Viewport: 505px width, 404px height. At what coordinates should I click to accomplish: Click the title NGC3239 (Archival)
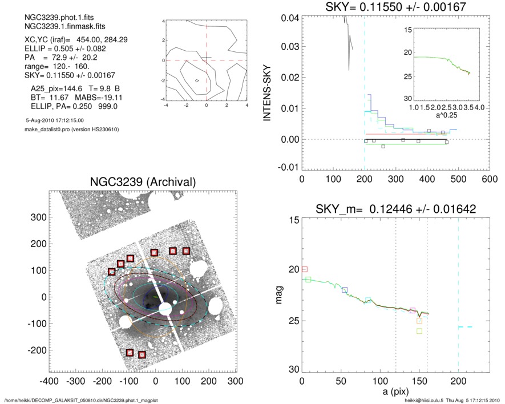click(143, 181)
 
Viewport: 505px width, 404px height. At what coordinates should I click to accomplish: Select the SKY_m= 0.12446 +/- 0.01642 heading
click(395, 209)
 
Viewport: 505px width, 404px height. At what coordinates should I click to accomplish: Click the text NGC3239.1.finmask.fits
click(51, 27)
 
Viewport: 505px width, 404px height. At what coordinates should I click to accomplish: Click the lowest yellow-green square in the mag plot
click(419, 331)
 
